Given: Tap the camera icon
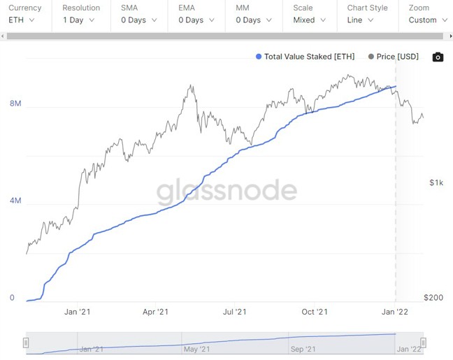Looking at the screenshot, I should (438, 57).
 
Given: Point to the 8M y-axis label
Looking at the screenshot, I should (15, 103).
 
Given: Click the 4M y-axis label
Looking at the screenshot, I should (15, 201).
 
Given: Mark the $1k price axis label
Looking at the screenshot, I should (436, 182).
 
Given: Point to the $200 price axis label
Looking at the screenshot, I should (434, 298).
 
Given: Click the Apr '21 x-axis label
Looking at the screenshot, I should (154, 312).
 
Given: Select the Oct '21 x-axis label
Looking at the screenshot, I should (314, 312).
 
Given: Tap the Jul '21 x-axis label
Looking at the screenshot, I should (234, 312).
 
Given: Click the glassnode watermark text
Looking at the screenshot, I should (226, 191).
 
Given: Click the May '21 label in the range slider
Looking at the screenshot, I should (196, 348).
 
